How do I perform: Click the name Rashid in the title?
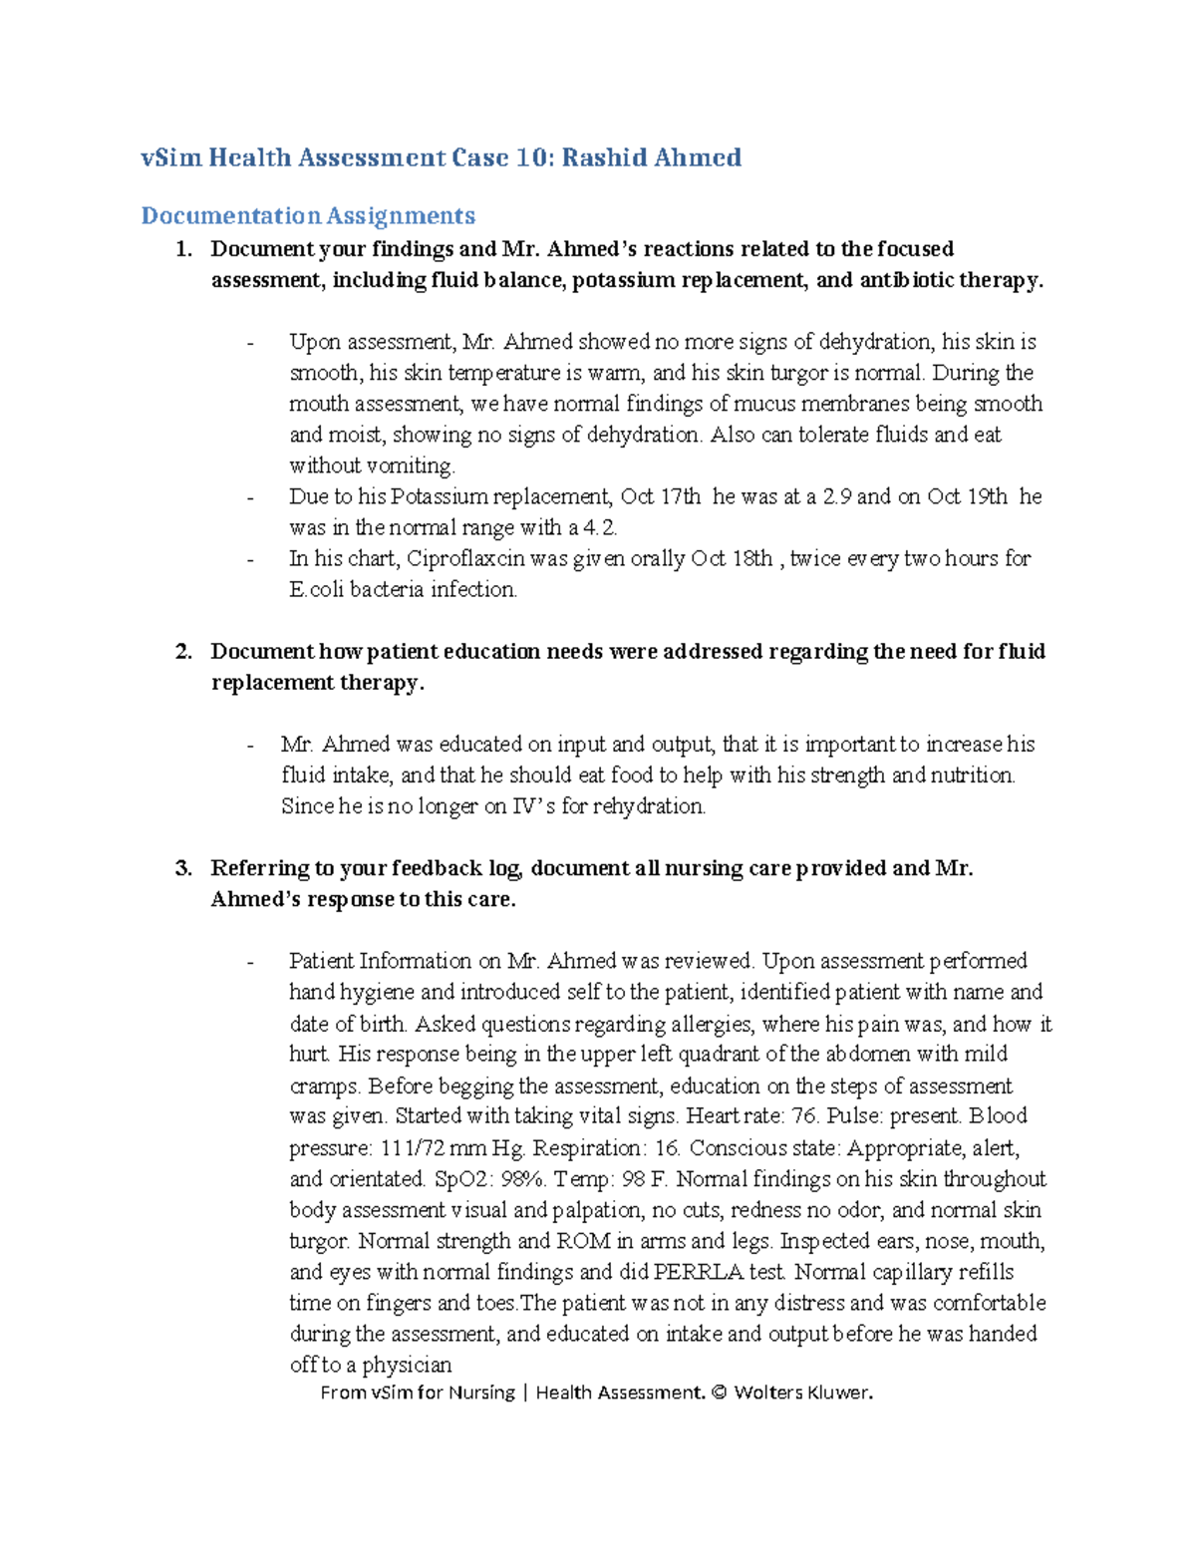click(603, 157)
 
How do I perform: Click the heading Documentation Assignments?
click(308, 215)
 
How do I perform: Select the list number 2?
click(183, 652)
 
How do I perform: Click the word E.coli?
click(317, 589)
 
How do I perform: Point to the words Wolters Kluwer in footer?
click(802, 1393)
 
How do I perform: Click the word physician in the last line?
click(407, 1365)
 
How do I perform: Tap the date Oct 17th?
click(661, 496)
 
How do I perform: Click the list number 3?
click(183, 868)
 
